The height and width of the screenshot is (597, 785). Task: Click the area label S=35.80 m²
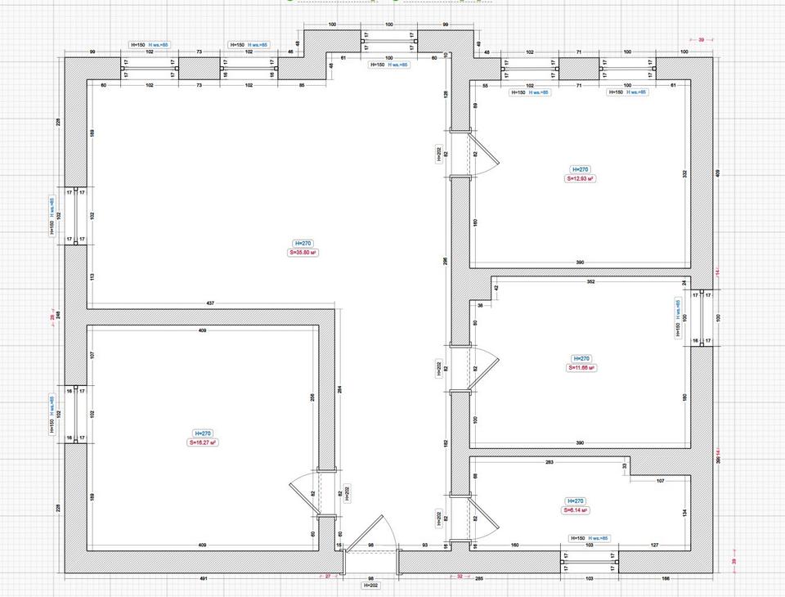tap(303, 253)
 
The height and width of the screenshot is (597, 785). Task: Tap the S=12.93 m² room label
tap(580, 177)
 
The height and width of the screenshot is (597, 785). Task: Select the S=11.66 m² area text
tap(581, 368)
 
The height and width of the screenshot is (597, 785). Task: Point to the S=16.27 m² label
tap(203, 442)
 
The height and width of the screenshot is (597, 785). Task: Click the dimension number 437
tap(210, 303)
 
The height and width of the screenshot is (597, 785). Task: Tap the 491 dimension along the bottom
tap(204, 579)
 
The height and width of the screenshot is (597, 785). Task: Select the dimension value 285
tap(480, 579)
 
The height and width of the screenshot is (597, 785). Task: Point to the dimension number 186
tap(666, 579)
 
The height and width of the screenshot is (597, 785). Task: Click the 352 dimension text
tap(590, 282)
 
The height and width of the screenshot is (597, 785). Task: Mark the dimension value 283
tap(549, 463)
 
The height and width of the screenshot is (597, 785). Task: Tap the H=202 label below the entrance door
tap(371, 586)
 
